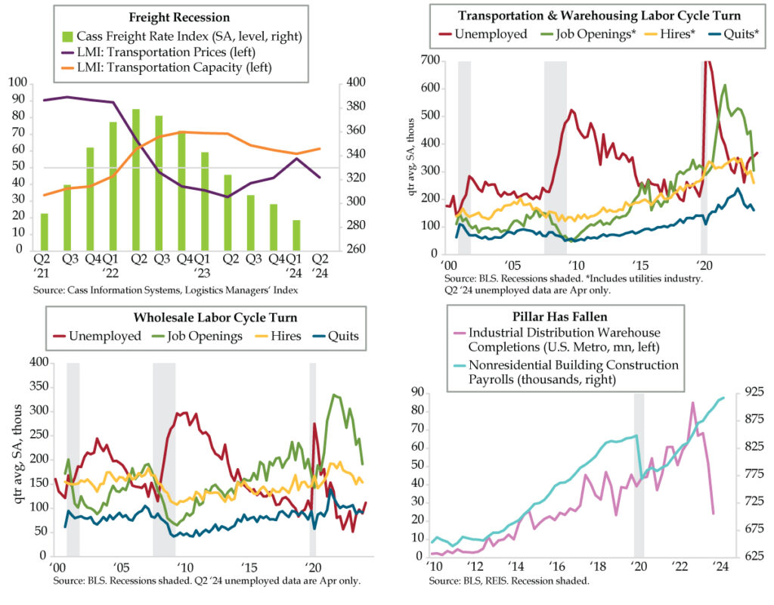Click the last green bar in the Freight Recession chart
click(x=296, y=234)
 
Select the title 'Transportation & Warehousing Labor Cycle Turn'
click(x=596, y=15)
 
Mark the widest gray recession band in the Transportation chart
click(x=556, y=151)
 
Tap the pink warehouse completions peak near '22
click(x=692, y=403)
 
